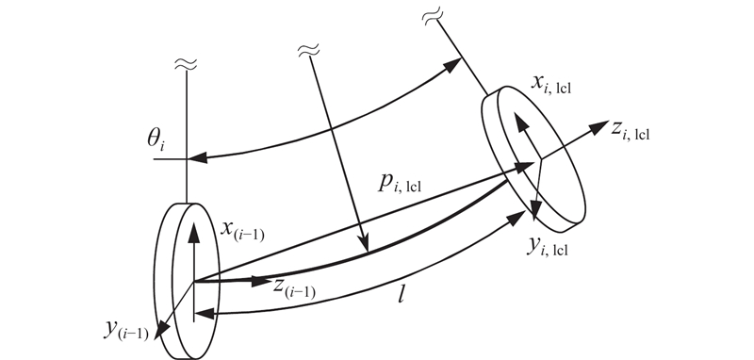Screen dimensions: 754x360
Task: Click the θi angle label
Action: point(156,140)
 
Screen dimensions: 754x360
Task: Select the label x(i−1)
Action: point(242,229)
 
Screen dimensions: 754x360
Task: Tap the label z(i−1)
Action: point(294,287)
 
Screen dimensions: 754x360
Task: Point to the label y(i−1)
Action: point(126,331)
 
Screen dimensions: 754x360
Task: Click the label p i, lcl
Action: point(399,183)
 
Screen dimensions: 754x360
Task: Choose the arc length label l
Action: point(402,294)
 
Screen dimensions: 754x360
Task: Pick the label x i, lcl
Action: point(551,85)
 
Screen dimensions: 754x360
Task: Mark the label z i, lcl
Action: point(630,131)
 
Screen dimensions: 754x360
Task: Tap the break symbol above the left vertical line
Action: point(186,64)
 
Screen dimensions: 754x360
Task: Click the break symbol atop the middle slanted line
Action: point(309,50)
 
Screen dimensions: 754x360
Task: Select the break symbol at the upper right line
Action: point(433,16)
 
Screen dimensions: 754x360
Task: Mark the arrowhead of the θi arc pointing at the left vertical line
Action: point(197,157)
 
